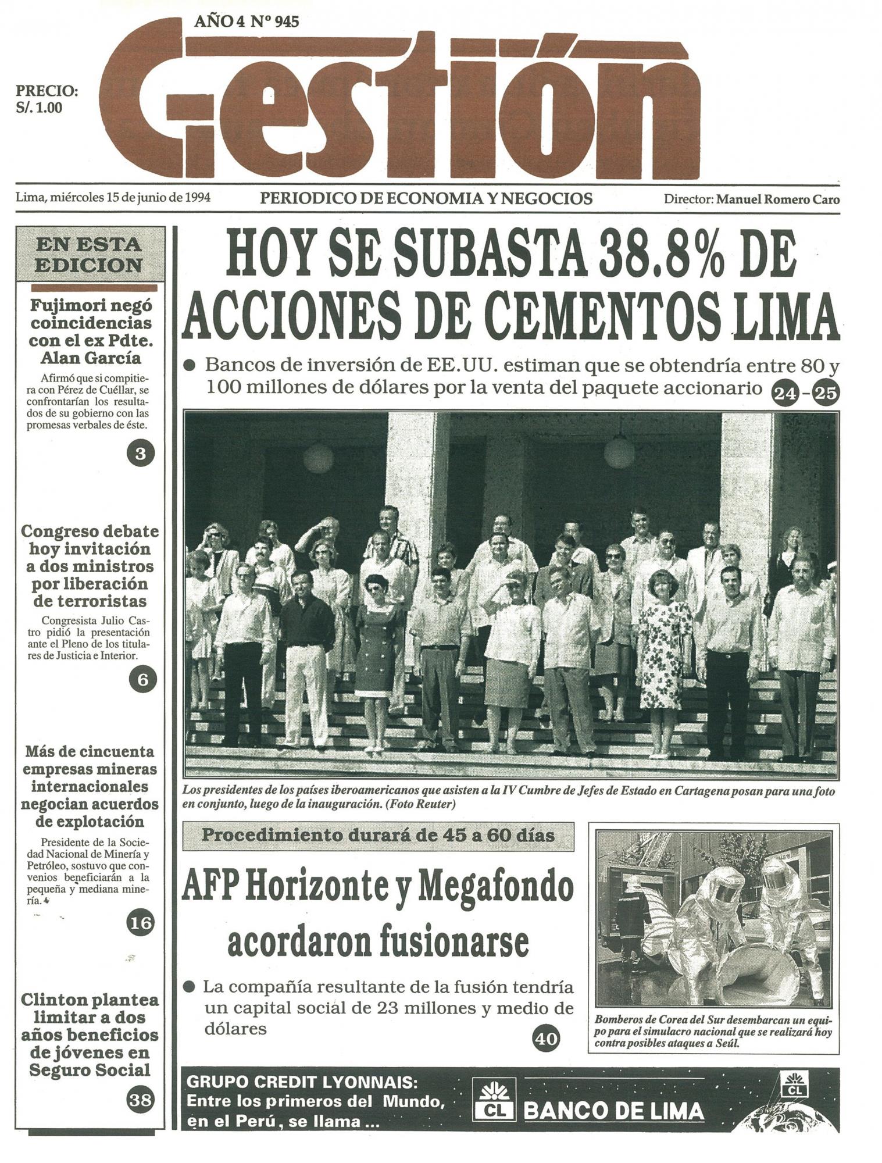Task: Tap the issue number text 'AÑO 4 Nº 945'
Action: (x=247, y=22)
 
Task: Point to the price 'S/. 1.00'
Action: (x=40, y=108)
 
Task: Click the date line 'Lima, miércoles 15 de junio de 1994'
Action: (x=113, y=198)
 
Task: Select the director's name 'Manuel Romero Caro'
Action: (x=777, y=199)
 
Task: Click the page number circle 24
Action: (x=785, y=394)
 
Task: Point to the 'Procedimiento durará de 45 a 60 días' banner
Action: (x=378, y=836)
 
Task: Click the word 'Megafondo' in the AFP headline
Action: (x=495, y=887)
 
